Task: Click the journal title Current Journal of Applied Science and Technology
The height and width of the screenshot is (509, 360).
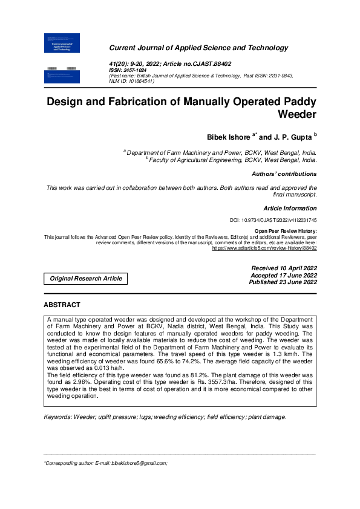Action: pos(198,48)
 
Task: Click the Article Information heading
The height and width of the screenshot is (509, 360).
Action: pos(290,208)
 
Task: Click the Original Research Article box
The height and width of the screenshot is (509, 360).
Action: pos(86,279)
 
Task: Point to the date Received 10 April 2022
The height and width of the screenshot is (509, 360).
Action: pos(284,268)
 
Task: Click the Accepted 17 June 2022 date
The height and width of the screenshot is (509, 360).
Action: pos(284,275)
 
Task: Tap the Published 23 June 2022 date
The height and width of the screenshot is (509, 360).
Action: pos(284,282)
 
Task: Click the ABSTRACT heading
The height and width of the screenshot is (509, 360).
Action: pos(62,305)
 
